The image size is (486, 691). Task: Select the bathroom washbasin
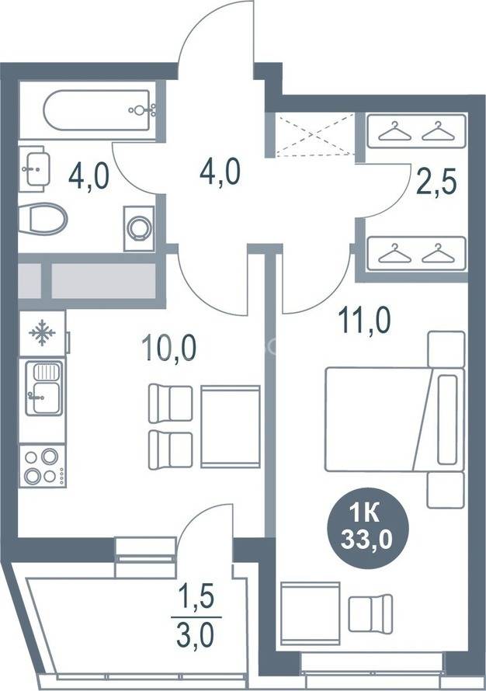[35, 168]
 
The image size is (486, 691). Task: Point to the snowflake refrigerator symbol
[42, 333]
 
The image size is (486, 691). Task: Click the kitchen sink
[43, 388]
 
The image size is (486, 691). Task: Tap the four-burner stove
[42, 466]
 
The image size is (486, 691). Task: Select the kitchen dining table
[231, 426]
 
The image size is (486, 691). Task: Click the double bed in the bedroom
[395, 419]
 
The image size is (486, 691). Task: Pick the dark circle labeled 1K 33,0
[367, 527]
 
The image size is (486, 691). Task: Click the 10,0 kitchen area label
[168, 348]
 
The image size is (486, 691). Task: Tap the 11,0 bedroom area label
[364, 321]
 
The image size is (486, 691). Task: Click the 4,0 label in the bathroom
[89, 176]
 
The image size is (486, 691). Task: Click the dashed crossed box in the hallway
[314, 134]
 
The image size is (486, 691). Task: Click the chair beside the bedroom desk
[370, 613]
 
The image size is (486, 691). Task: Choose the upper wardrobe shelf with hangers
[416, 131]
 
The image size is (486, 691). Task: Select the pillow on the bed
[448, 418]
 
